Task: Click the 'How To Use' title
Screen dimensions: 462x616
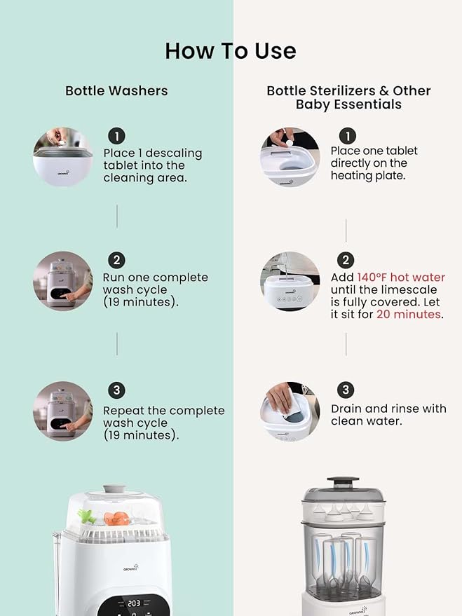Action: click(x=231, y=51)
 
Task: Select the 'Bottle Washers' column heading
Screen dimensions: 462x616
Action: click(x=116, y=90)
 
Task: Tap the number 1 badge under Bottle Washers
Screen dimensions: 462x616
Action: click(x=116, y=137)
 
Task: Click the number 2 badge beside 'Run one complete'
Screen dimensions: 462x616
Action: click(x=116, y=261)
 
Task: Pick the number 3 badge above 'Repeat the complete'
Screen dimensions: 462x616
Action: click(x=116, y=390)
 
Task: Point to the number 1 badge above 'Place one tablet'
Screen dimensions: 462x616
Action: click(x=348, y=137)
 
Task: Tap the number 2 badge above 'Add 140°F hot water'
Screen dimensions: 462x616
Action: click(x=346, y=260)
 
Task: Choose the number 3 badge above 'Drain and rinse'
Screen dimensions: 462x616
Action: click(x=346, y=390)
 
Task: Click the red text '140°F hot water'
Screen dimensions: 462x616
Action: click(x=401, y=278)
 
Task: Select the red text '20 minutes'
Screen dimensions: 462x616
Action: click(x=409, y=314)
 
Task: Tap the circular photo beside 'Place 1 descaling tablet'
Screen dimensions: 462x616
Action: click(x=63, y=157)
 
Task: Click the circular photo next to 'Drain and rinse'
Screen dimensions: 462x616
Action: click(x=290, y=411)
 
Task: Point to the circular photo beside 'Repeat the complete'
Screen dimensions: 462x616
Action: click(x=63, y=411)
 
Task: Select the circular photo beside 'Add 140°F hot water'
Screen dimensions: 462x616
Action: click(x=290, y=281)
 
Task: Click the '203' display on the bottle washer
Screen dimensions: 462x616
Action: click(x=134, y=603)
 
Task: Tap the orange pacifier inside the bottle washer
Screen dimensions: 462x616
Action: click(x=116, y=518)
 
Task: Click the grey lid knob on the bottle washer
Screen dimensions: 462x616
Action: click(x=114, y=489)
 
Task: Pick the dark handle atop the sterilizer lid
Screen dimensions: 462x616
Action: click(x=344, y=481)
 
